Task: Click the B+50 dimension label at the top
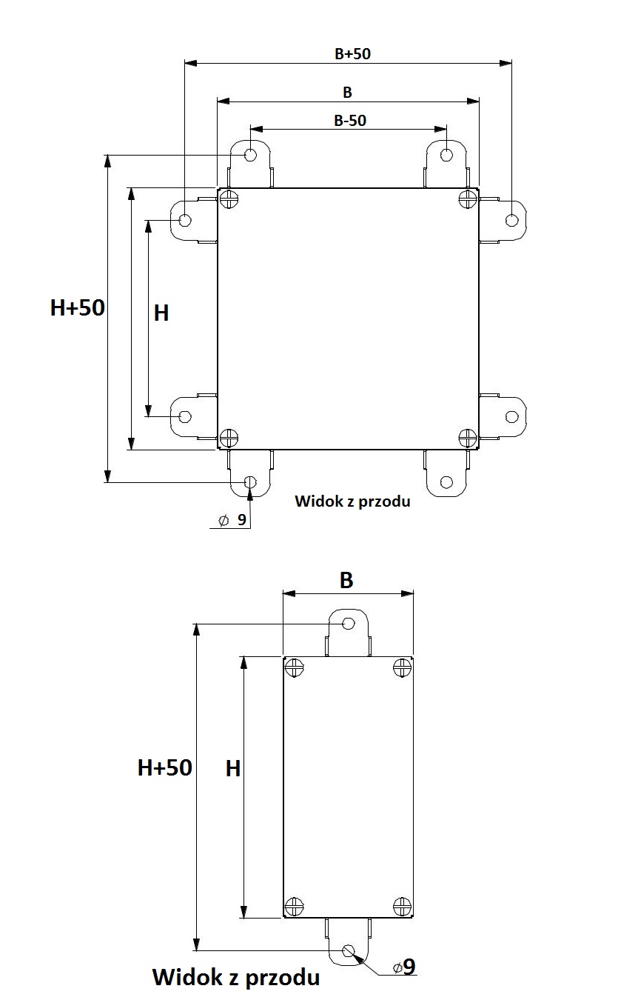pyautogui.click(x=352, y=54)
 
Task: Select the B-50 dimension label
pyautogui.click(x=350, y=121)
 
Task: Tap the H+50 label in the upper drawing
pyautogui.click(x=78, y=308)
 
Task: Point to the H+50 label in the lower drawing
pyautogui.click(x=164, y=768)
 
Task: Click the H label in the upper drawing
pyautogui.click(x=161, y=313)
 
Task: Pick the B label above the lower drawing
pyautogui.click(x=346, y=580)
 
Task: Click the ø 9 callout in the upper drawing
pyautogui.click(x=232, y=520)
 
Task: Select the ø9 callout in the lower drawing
pyautogui.click(x=404, y=967)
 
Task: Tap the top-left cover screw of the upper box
pyautogui.click(x=229, y=199)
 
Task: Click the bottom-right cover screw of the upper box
pyautogui.click(x=468, y=438)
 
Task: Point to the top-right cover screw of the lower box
pyautogui.click(x=402, y=668)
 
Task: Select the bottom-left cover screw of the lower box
pyautogui.click(x=294, y=906)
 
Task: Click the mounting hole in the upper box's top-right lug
pyautogui.click(x=446, y=155)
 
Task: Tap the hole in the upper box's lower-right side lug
pyautogui.click(x=512, y=416)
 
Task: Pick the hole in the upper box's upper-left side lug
pyautogui.click(x=185, y=220)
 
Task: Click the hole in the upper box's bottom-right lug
pyautogui.click(x=446, y=482)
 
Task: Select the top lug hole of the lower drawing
pyautogui.click(x=349, y=623)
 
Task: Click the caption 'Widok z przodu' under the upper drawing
pyautogui.click(x=352, y=501)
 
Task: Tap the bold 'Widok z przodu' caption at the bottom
pyautogui.click(x=236, y=977)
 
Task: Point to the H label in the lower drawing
pyautogui.click(x=233, y=769)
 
